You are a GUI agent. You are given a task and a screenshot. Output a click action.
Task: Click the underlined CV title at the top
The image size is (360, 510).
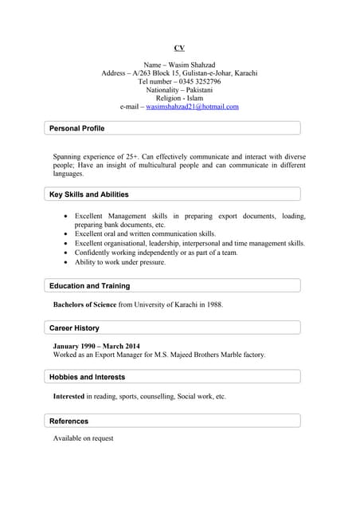(179, 48)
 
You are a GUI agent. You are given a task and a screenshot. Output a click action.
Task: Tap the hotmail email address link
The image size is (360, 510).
(192, 106)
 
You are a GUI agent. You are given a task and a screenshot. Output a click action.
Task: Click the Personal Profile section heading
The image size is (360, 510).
(76, 128)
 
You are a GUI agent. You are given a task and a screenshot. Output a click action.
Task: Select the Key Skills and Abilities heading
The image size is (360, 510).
(88, 194)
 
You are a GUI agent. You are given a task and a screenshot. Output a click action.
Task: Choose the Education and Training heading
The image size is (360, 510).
(89, 286)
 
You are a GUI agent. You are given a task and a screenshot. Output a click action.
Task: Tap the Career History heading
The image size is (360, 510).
(74, 328)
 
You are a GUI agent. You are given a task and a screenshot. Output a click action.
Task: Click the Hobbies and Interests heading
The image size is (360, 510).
(87, 377)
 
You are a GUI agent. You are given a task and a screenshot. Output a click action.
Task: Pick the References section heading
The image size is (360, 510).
(68, 421)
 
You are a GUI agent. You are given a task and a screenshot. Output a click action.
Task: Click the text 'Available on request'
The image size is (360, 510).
(83, 438)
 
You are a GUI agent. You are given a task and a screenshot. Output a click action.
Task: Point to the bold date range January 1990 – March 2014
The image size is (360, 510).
(96, 347)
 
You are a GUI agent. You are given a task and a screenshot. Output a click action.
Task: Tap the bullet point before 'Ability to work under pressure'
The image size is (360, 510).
(65, 262)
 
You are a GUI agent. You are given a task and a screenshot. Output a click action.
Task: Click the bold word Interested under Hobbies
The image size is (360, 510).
(68, 396)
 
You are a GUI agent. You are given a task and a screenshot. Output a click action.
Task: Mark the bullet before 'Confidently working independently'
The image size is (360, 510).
(65, 253)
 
